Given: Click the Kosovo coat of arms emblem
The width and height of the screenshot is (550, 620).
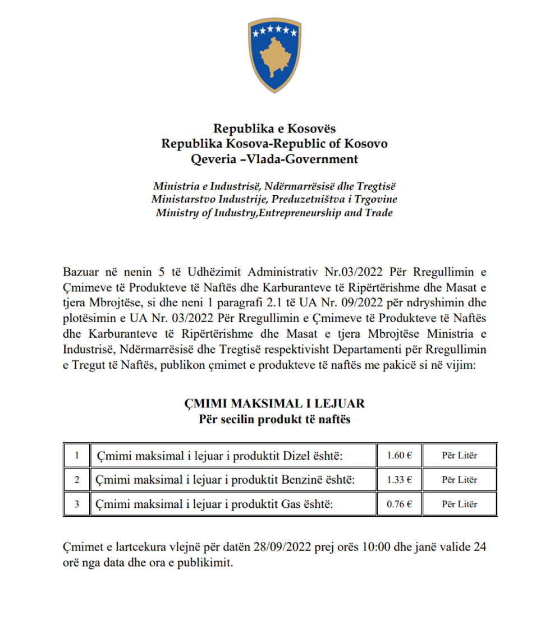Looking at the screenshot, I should point(274,56).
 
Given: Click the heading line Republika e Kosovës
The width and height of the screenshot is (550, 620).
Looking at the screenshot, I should point(274,129).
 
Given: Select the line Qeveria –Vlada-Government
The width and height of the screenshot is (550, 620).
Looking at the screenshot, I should point(274,159).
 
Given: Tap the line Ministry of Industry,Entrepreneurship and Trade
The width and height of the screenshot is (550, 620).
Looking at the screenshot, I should point(274,213).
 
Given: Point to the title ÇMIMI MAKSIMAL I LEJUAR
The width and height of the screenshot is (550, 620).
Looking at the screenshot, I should point(274,403).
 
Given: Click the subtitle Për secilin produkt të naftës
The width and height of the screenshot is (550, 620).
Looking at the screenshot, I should point(274,419).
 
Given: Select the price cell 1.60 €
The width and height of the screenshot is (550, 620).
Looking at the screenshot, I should point(400,456).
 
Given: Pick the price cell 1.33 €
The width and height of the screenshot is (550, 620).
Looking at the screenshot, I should point(400,480).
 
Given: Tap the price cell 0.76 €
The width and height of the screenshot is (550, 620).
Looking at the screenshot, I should point(400,504).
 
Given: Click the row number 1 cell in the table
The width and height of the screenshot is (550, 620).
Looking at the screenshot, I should point(76,456).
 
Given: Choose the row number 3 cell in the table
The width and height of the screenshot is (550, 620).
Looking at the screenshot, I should point(76,504).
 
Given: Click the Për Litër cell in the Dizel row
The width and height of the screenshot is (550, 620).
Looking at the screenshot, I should point(459,456).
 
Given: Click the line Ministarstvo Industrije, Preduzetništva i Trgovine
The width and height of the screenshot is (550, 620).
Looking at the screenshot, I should point(274,199).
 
